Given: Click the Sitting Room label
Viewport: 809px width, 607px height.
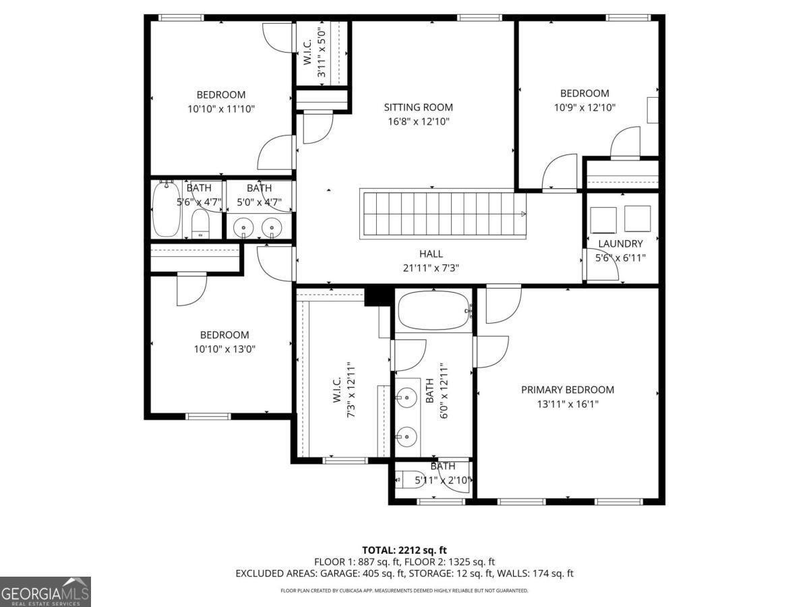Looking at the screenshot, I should coord(418,107).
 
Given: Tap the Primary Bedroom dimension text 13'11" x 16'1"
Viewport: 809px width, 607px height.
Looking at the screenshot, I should coord(567,404).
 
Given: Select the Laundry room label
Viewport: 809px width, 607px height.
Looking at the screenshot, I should coord(620,243).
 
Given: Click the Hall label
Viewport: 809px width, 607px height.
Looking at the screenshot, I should coord(431,254).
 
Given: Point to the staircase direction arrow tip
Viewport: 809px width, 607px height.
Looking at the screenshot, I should coord(525,214).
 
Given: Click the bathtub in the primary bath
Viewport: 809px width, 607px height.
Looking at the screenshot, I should coord(433,311).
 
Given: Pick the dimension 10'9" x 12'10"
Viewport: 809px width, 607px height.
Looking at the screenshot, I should coord(584,107).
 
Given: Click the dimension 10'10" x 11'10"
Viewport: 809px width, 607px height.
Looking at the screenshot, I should coord(220,109).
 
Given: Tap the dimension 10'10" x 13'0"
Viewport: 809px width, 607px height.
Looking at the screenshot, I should coord(224,349).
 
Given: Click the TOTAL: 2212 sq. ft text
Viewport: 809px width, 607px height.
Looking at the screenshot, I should coord(404,550).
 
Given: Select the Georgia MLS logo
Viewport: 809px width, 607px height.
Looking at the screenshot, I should coord(45,591).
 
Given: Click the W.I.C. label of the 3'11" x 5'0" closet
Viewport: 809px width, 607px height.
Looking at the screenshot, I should coord(307,53).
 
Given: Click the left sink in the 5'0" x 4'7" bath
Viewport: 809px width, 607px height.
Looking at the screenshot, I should coord(244,228).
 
